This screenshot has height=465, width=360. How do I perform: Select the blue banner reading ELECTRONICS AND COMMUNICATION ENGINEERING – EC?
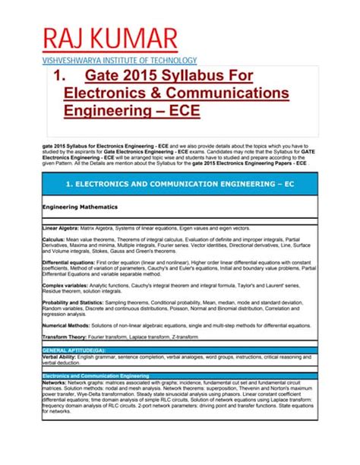point(180,184)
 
